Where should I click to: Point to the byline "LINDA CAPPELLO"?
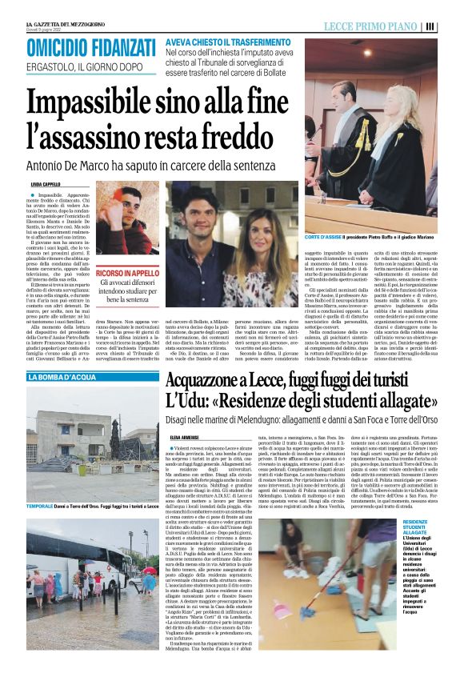point(45,184)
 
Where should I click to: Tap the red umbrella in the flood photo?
point(149,571)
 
